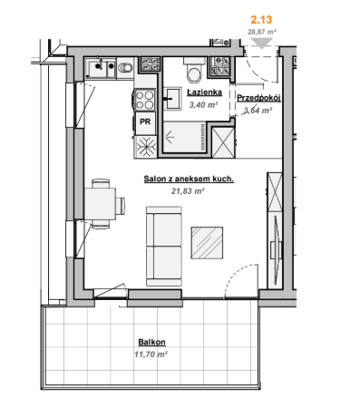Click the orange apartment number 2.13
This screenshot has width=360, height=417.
261,20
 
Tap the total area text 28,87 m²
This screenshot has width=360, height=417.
262,32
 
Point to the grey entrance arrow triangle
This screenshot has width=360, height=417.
261,43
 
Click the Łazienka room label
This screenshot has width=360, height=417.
204,92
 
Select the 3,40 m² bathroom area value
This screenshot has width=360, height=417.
204,105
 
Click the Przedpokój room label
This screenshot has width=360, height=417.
258,98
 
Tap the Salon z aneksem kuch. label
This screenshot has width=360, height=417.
189,179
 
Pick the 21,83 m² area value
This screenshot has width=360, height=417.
188,191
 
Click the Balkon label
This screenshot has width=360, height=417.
151,342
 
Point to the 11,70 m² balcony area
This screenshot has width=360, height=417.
151,354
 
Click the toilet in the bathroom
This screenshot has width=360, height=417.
194,71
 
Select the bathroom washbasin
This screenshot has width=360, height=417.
172,99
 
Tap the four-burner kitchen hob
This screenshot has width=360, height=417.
144,100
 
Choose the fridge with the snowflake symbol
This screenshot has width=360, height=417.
146,147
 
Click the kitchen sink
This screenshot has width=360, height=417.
101,69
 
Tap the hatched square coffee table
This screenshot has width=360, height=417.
207,243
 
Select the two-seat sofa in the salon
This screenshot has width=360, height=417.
164,247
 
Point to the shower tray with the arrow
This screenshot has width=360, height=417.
184,138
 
